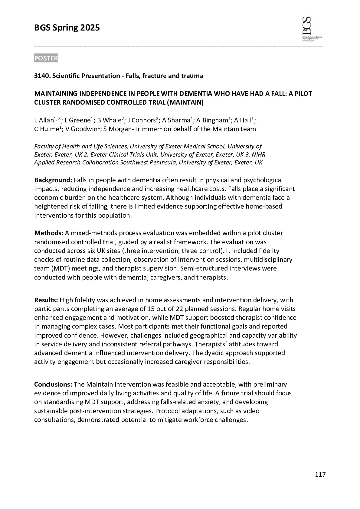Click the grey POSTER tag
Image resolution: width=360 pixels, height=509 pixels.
point(46,58)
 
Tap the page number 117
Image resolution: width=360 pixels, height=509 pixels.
point(320,475)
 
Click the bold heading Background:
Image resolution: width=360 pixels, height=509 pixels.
point(53,180)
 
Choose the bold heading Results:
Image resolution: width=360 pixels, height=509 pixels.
point(46,300)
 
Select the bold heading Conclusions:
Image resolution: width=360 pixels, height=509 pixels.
point(53,384)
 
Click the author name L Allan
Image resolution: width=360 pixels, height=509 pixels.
point(44,121)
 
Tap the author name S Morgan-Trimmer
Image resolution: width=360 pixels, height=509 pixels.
point(131,129)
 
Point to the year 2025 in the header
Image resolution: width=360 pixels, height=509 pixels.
point(90,28)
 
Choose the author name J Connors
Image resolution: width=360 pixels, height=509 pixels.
point(142,121)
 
